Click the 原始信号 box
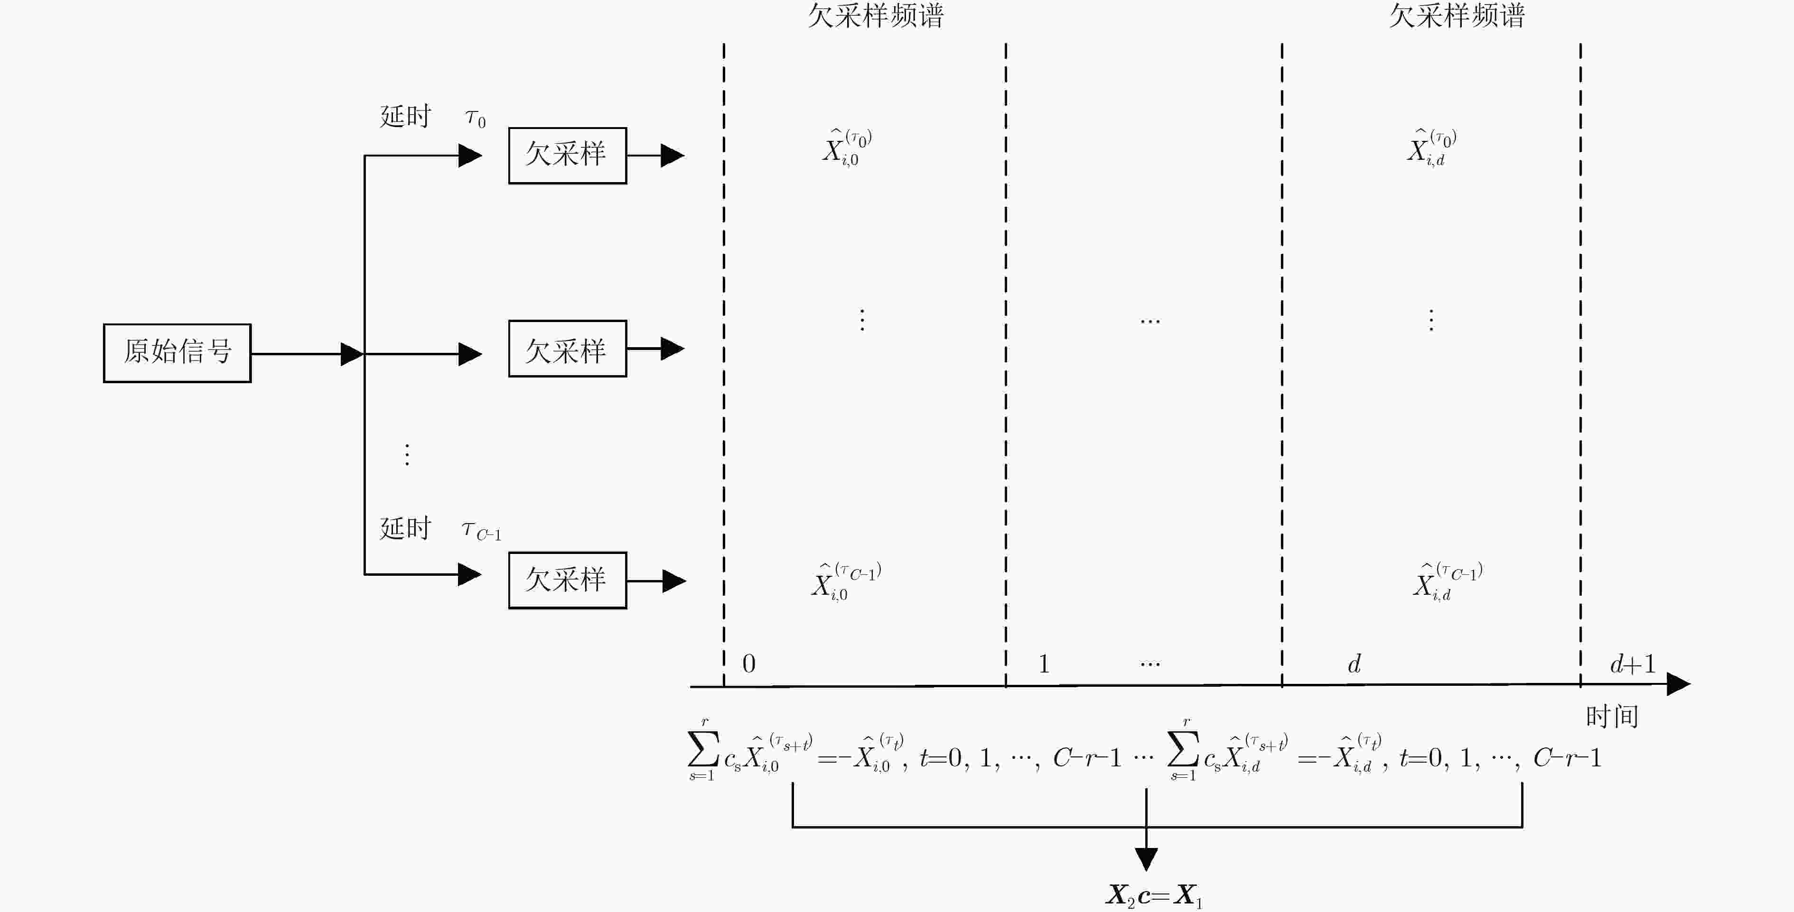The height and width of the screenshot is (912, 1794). pos(177,353)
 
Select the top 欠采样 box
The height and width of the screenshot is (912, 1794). pos(567,155)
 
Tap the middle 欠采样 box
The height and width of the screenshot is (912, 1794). pos(567,349)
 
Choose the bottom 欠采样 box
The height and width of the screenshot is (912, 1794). pos(567,580)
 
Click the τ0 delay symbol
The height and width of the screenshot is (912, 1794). pos(476,119)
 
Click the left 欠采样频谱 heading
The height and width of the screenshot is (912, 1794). pos(876,15)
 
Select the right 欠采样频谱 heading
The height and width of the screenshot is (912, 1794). pos(1457,15)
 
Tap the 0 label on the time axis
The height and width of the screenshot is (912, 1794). pos(748,663)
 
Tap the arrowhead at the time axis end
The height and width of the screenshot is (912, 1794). pos(1678,684)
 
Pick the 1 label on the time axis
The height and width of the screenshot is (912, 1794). pos(1043,663)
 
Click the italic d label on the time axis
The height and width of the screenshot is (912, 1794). pos(1354,663)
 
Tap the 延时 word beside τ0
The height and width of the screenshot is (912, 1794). pos(405,116)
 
